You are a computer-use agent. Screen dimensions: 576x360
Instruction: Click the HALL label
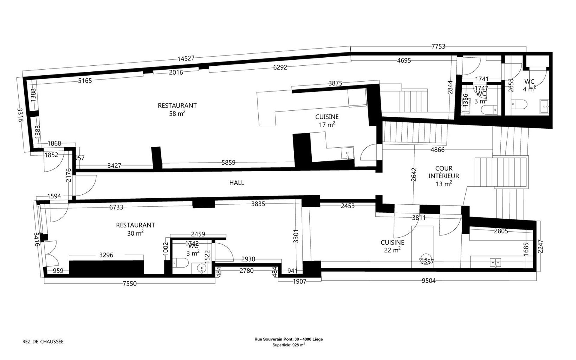click(x=237, y=183)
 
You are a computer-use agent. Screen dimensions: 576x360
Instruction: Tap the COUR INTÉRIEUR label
click(x=444, y=176)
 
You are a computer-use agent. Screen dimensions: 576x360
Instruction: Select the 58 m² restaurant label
click(x=177, y=109)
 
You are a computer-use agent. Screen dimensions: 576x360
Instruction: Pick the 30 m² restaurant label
click(x=136, y=229)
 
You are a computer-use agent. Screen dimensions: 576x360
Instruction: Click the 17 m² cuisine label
click(x=327, y=121)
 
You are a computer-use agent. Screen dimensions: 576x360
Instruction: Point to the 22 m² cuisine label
click(x=392, y=246)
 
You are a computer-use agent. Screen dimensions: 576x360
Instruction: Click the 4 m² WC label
click(x=529, y=85)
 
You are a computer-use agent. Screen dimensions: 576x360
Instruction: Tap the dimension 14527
click(x=186, y=58)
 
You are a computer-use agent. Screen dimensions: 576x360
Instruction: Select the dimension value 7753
click(x=438, y=46)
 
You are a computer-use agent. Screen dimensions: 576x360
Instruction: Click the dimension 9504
click(x=429, y=281)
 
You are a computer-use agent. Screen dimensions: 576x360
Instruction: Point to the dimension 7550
click(x=130, y=284)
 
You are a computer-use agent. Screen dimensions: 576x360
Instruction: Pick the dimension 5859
click(x=229, y=163)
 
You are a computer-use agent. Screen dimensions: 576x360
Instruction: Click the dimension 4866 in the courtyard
click(x=437, y=150)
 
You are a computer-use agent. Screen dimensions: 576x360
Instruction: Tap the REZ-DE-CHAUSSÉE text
click(x=43, y=342)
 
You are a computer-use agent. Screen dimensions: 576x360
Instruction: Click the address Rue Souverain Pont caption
click(x=289, y=339)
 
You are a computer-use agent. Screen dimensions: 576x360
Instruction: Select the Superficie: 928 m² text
click(x=289, y=345)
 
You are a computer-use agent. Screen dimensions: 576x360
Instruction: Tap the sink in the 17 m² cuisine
click(x=347, y=153)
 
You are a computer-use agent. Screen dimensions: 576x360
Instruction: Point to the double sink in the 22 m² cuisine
click(x=495, y=262)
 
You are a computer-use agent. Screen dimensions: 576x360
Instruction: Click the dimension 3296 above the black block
click(x=106, y=255)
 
